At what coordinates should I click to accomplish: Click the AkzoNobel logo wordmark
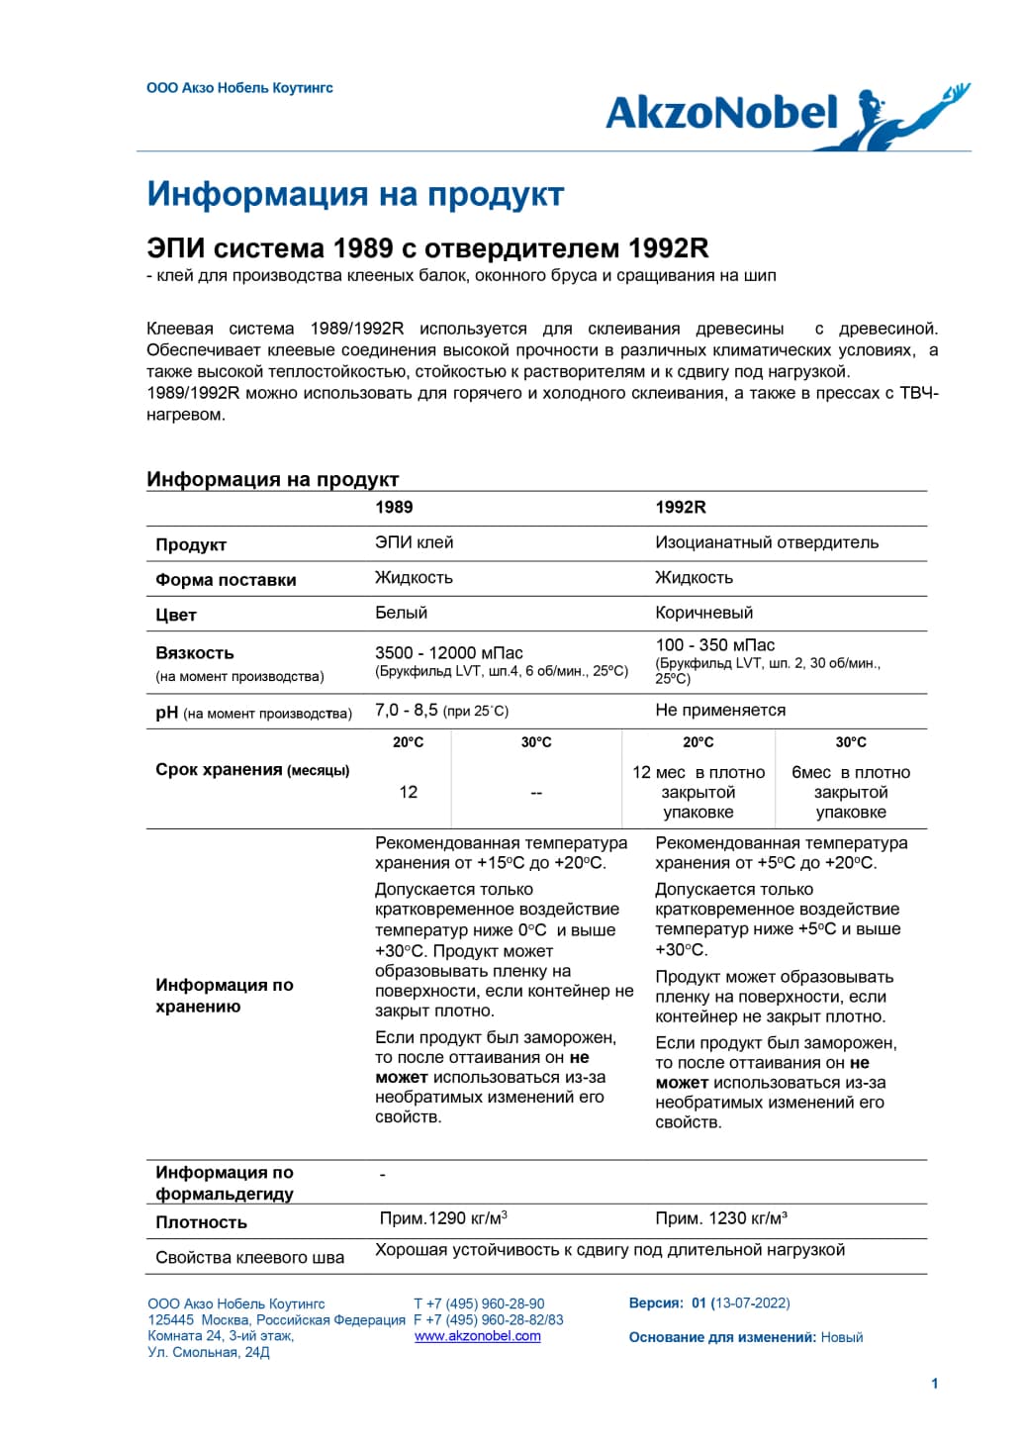coord(722,114)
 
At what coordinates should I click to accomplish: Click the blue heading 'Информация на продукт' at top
coord(355,194)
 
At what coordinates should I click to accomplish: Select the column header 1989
coord(394,508)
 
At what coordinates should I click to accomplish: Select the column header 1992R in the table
coord(681,508)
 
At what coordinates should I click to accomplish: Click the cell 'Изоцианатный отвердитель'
coord(767,542)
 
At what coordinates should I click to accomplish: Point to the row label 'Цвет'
coord(176,615)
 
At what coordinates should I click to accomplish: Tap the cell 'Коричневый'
coord(703,613)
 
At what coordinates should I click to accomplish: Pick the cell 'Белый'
coord(401,613)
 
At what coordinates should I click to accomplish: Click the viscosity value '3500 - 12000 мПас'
coord(449,653)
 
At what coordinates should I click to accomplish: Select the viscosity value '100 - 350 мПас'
coord(715,645)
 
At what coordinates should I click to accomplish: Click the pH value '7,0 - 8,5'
coord(407,710)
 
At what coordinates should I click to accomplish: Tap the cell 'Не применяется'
coord(720,710)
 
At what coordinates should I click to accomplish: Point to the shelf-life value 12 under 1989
coord(408,792)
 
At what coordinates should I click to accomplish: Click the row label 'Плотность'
coord(201,1222)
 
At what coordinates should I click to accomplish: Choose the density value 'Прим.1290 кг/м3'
coord(443,1218)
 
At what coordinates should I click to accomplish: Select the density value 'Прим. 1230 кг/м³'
coord(721,1218)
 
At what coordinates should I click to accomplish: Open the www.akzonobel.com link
coord(477,1336)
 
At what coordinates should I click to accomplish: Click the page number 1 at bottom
coord(935,1384)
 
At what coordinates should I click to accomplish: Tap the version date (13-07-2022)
coord(750,1303)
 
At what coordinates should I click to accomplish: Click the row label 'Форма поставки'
coord(226,580)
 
